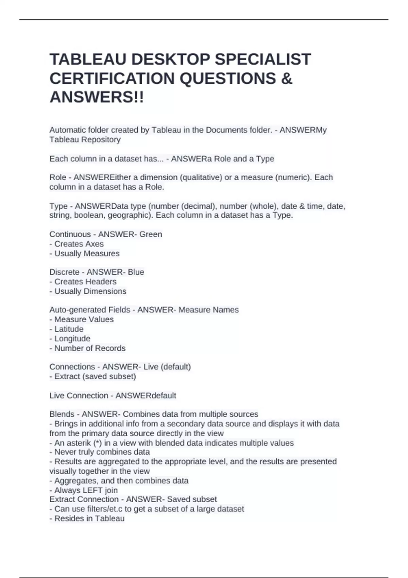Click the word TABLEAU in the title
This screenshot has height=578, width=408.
(x=88, y=59)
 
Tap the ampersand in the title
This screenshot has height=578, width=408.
(x=287, y=79)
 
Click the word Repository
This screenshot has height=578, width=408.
(x=101, y=139)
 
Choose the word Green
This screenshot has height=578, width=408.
(x=151, y=234)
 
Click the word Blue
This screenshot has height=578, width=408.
(x=136, y=272)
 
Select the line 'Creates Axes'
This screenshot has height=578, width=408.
(x=79, y=244)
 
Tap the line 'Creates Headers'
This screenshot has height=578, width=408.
(x=85, y=282)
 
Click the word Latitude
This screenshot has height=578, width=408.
(x=69, y=329)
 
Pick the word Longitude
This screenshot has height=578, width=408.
(x=72, y=339)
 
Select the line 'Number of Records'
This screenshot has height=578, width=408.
(x=90, y=348)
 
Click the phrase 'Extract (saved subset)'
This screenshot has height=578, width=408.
(x=95, y=376)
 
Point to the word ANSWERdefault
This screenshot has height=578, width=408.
(x=146, y=395)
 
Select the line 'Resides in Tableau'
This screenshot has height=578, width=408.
(x=89, y=518)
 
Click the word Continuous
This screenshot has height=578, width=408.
(x=70, y=234)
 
